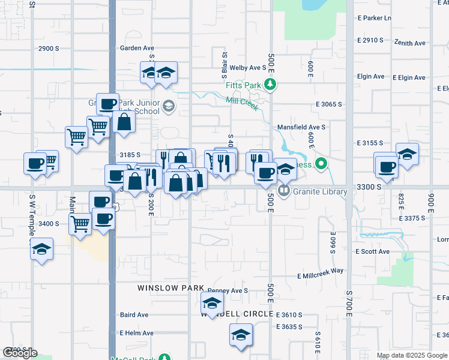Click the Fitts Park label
(243, 85)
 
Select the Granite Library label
(320, 192)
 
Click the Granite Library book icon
(286, 192)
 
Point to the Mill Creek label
(242, 104)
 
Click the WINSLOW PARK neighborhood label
(171, 288)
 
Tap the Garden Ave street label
(137, 48)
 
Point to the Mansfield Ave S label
(301, 127)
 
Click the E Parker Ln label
(374, 18)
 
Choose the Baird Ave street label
(134, 315)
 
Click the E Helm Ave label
(136, 333)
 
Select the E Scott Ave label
(372, 251)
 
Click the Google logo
(20, 353)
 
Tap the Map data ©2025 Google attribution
(412, 355)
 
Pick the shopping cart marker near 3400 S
(80, 225)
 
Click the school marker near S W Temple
(41, 250)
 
